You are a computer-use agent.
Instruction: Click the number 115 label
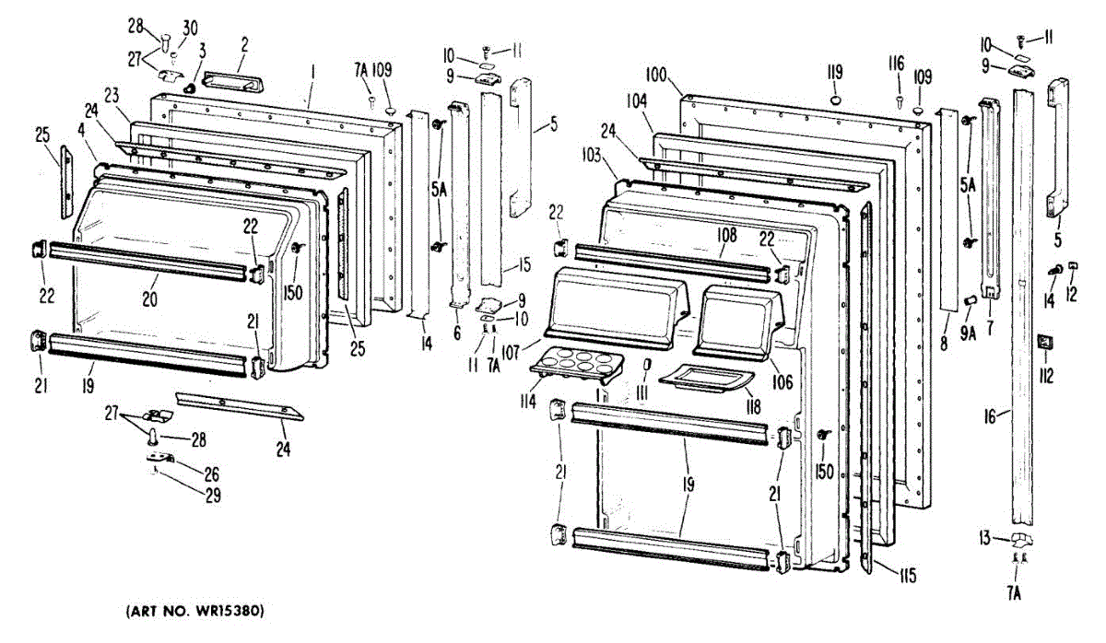tap(907, 577)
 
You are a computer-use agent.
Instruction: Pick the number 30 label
tap(191, 27)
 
